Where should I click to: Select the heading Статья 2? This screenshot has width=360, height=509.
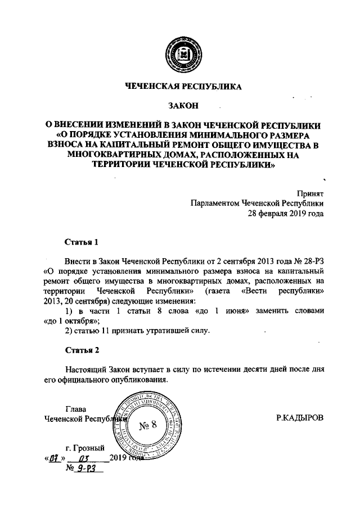click(x=82, y=350)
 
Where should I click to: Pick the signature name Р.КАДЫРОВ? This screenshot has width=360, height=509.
click(x=300, y=419)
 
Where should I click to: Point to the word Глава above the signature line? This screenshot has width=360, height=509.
click(x=76, y=409)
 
